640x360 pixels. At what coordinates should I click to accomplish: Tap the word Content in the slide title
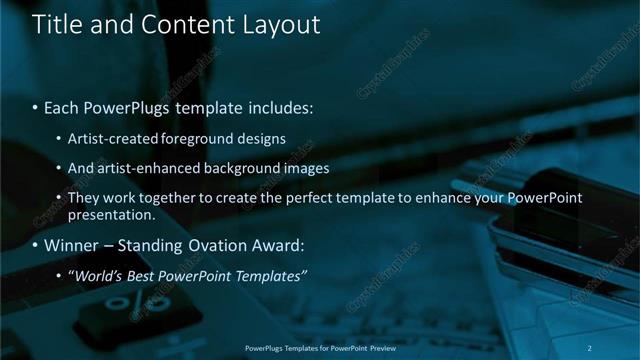point(179,25)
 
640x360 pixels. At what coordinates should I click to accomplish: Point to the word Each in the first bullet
point(61,105)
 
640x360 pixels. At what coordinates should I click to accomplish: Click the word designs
point(259,138)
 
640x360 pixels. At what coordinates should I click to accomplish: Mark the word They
point(84,198)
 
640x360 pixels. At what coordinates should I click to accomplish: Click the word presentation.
point(111,214)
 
